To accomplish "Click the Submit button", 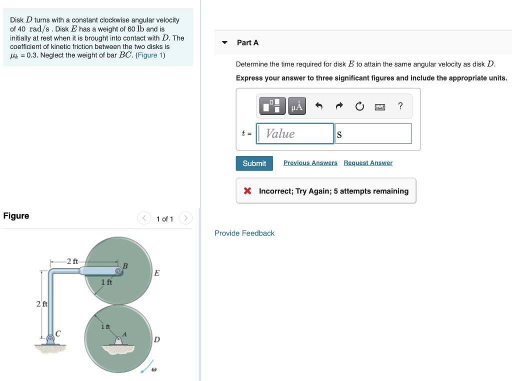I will (254, 163).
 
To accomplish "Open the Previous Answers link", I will (310, 163).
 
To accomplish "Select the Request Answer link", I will (368, 163).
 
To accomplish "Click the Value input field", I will (295, 133).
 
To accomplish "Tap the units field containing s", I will (373, 133).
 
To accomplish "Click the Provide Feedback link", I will (244, 233).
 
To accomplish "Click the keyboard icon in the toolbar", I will (380, 106).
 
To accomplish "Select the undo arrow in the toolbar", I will (318, 106).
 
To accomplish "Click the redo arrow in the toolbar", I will (339, 106).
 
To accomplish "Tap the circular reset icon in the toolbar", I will (359, 106).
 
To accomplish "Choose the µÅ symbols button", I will (297, 106).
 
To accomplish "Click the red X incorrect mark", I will (247, 191).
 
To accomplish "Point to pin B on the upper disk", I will (118, 271).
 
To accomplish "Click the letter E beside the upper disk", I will (157, 273).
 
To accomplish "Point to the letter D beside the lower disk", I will (157, 340).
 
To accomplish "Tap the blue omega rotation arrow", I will (146, 367).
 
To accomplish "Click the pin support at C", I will (51, 338).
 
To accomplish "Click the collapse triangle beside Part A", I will (225, 42).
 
